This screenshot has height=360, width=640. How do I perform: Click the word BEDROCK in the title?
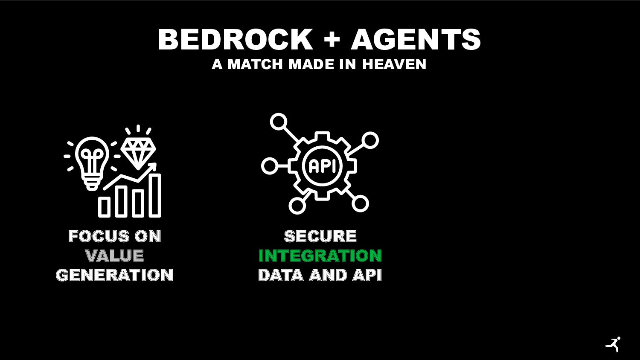tap(236, 40)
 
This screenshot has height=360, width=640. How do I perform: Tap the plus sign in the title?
tap(332, 40)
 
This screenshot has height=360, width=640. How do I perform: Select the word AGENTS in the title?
tap(416, 40)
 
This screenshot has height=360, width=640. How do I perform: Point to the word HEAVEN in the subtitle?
tap(394, 64)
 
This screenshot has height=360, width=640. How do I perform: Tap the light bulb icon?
tap(92, 160)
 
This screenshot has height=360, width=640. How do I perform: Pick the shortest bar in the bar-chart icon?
tap(104, 206)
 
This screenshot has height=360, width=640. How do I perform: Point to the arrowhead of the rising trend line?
tap(153, 167)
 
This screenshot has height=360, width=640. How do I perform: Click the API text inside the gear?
tap(322, 166)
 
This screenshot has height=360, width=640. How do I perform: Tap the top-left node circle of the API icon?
tap(278, 122)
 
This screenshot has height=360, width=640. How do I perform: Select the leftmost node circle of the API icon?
tap(269, 166)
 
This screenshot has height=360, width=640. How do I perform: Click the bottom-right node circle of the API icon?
tap(360, 203)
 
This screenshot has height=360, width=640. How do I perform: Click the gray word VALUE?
tap(114, 256)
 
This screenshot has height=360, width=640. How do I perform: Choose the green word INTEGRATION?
tap(320, 256)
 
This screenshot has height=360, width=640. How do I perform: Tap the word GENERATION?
tap(114, 275)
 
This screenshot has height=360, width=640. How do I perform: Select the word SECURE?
tap(320, 236)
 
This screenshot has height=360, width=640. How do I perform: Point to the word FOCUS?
tap(93, 236)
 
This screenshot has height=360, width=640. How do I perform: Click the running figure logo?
tap(613, 344)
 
